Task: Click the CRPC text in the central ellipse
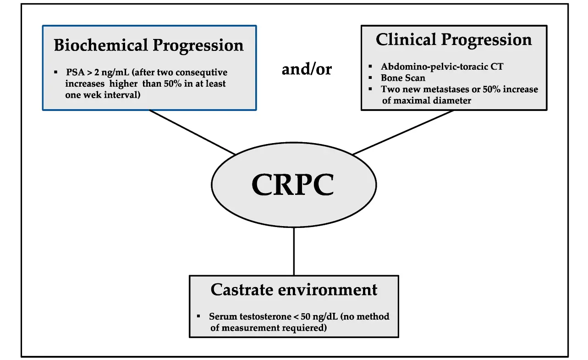coord(293,184)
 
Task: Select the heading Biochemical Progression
coord(148,45)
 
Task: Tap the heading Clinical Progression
coord(454,40)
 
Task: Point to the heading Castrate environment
coord(294,290)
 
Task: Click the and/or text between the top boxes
coord(306,69)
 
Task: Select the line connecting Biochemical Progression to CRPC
coord(192,132)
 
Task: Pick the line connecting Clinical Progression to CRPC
coord(403,132)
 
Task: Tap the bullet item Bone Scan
coord(403,78)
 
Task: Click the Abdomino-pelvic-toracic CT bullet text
coord(442,67)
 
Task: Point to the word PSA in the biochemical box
coord(74,72)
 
